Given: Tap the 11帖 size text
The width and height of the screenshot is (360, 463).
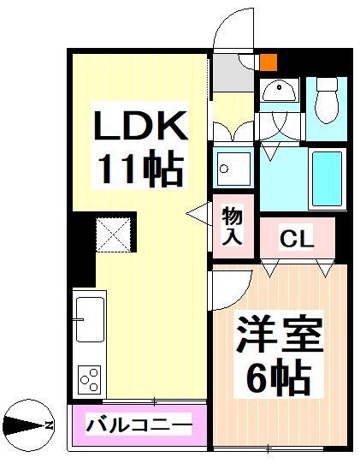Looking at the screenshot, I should (139, 170).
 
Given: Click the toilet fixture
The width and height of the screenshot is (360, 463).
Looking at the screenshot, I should (327, 104).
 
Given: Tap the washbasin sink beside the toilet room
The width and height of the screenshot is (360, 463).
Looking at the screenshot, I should (280, 91).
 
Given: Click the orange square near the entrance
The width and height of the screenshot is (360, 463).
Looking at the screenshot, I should (268, 62).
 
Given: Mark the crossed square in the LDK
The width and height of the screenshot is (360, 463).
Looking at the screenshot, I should (111, 232).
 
